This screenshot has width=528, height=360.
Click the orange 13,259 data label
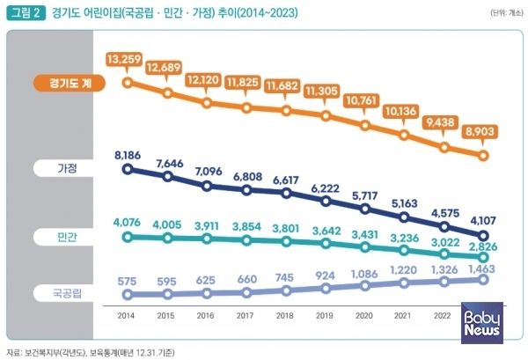pyautogui.click(x=128, y=59)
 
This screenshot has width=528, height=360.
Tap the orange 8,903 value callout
pyautogui.click(x=482, y=129)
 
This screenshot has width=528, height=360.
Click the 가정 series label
pyautogui.click(x=69, y=167)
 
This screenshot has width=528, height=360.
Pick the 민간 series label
pyautogui.click(x=69, y=237)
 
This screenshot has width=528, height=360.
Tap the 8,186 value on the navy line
pyautogui.click(x=128, y=155)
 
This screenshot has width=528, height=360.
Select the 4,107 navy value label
pyautogui.click(x=482, y=221)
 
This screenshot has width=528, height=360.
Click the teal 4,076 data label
pyautogui.click(x=128, y=222)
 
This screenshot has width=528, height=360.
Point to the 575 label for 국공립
pyautogui.click(x=128, y=281)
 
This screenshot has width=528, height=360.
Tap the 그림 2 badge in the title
pyautogui.click(x=26, y=13)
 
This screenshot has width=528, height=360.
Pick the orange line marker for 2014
pyautogui.click(x=128, y=84)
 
